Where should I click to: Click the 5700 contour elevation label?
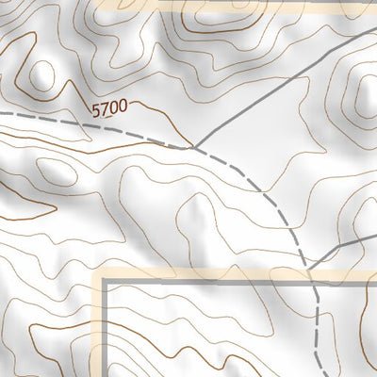click(109, 110)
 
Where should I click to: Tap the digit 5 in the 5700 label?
click(97, 110)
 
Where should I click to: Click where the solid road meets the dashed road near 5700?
click(193, 146)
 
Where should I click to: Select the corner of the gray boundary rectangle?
click(105, 280)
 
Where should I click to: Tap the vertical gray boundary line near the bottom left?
click(105, 339)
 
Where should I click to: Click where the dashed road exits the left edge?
click(2, 113)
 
